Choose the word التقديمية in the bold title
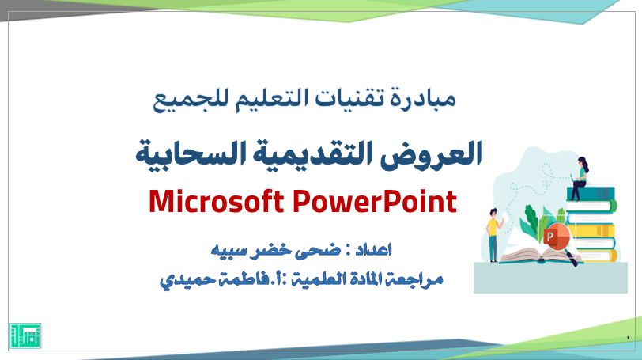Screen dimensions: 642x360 pos(312,153)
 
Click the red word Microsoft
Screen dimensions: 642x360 pos(216,202)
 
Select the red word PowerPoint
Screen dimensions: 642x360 pos(375,202)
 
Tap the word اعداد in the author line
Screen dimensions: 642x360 pos(373,249)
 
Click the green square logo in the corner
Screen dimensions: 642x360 pos(25,335)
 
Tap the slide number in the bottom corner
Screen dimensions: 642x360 pos(628,339)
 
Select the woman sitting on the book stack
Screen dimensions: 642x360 pos(580,178)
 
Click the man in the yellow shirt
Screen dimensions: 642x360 pos(494,235)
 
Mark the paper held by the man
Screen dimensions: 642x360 pos(505,217)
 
